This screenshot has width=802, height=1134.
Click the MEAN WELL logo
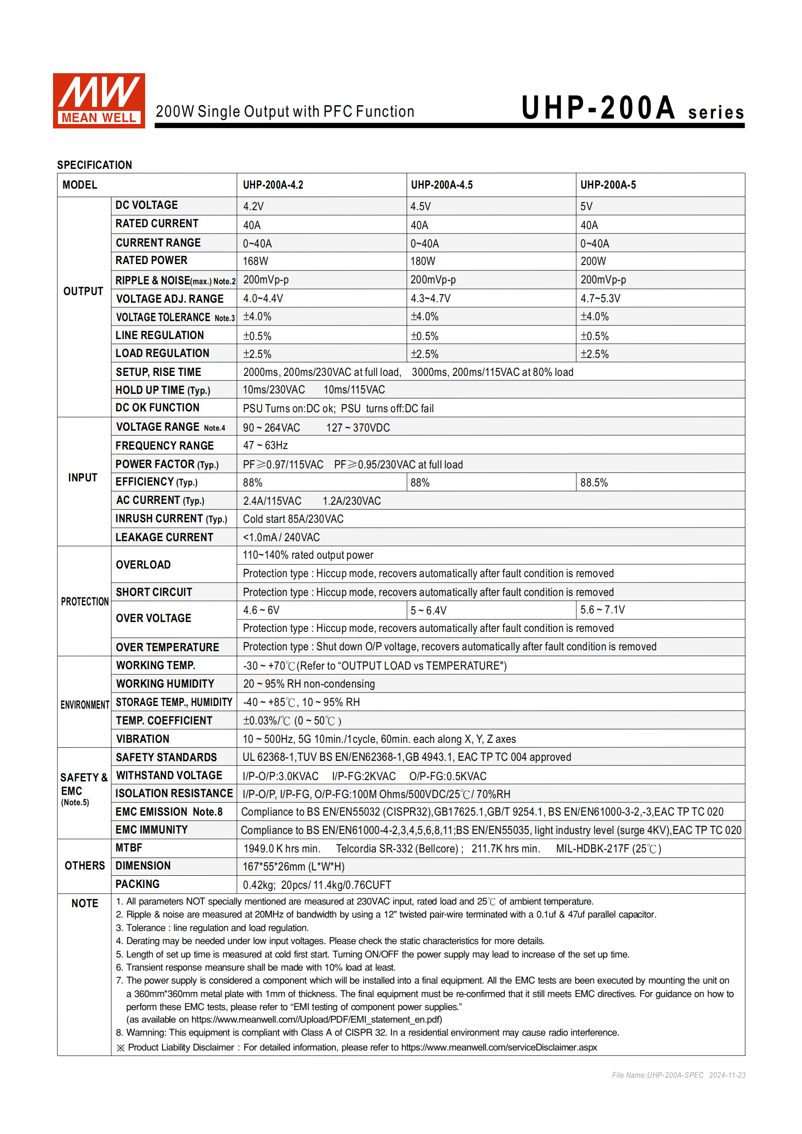pos(99,101)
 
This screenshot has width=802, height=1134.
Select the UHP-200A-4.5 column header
pos(442,185)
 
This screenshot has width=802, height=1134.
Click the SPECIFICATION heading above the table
pos(94,165)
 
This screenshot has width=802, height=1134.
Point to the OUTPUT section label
pos(83,291)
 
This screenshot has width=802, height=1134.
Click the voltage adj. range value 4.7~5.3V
pos(600,298)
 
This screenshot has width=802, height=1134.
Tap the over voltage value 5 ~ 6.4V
pos(429,610)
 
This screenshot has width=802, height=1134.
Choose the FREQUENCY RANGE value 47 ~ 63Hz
pos(266,446)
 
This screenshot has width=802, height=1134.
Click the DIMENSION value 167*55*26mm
pos(293,867)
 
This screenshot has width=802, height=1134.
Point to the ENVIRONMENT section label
pos(84,705)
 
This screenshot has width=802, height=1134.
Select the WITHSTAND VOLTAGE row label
pos(169,776)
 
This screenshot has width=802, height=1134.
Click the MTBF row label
pos(129,848)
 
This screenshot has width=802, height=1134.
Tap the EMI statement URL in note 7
pos(316,1020)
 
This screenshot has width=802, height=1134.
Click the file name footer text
pos(678,1075)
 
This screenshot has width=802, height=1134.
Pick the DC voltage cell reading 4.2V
pos(253,207)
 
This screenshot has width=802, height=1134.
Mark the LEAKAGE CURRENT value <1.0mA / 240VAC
pos(281,538)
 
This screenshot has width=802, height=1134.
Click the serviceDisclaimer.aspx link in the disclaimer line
pos(499,1048)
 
